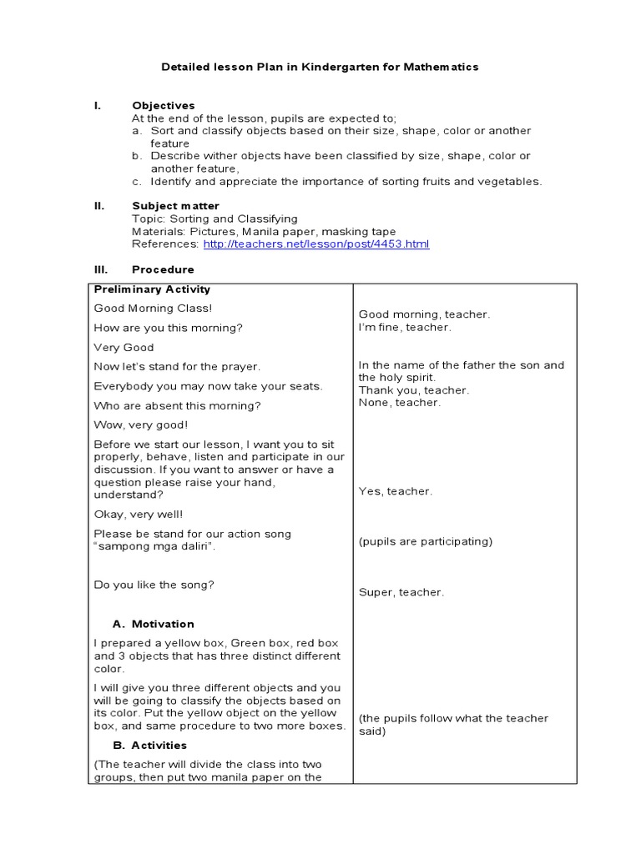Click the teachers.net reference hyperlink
pyautogui.click(x=315, y=244)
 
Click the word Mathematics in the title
pyautogui.click(x=441, y=67)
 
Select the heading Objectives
pyautogui.click(x=164, y=106)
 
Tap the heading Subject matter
pyautogui.click(x=175, y=206)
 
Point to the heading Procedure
pyautogui.click(x=163, y=269)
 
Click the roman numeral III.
pyautogui.click(x=98, y=269)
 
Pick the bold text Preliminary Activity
pyautogui.click(x=152, y=289)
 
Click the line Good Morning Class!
pyautogui.click(x=142, y=309)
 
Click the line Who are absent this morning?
pyautogui.click(x=177, y=406)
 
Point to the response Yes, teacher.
pyautogui.click(x=396, y=492)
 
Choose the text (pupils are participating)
pyautogui.click(x=426, y=542)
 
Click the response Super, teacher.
pyautogui.click(x=401, y=593)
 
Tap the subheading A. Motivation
pyautogui.click(x=153, y=624)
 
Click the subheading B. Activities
pyautogui.click(x=149, y=746)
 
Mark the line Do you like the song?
pyautogui.click(x=154, y=585)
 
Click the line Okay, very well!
pyautogui.click(x=139, y=515)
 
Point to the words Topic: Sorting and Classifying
pyautogui.click(x=215, y=219)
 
